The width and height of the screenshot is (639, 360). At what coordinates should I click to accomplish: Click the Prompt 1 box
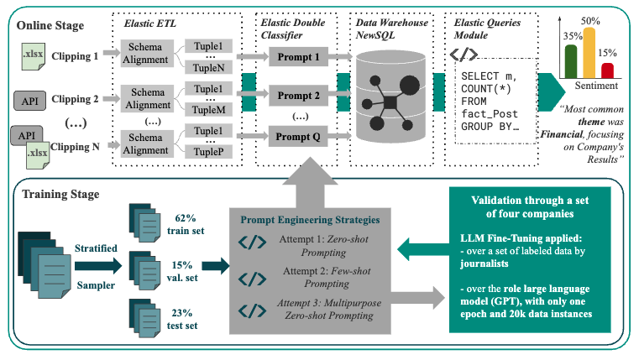pos(293,58)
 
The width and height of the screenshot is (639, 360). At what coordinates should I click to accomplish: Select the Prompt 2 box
pos(293,96)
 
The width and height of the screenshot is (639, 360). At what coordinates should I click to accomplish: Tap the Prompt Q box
pos(293,134)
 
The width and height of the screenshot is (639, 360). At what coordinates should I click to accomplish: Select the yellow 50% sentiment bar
pos(589,53)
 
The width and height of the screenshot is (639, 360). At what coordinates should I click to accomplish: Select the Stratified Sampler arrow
pos(97,266)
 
